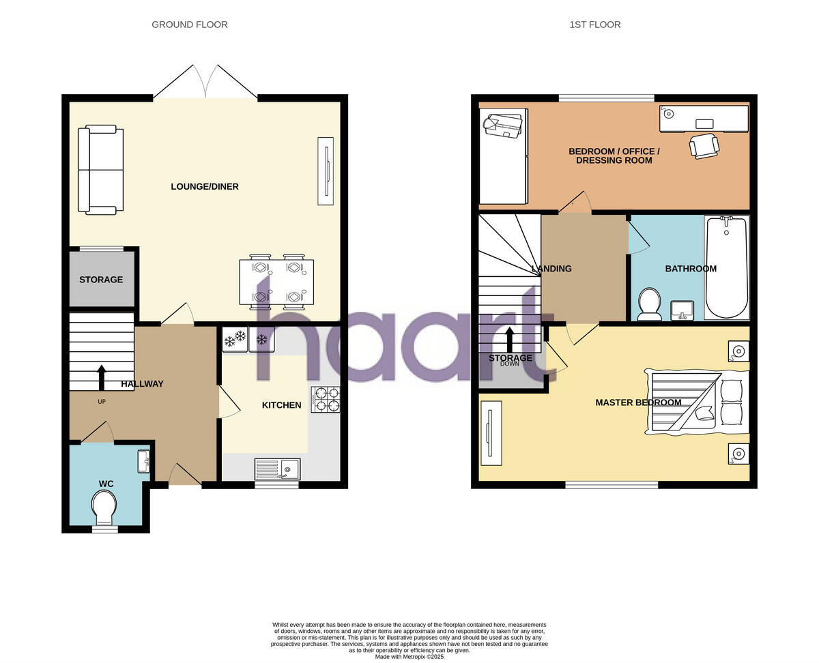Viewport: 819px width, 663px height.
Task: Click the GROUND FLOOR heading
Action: coord(190,25)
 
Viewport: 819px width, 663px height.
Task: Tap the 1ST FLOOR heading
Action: coord(595,25)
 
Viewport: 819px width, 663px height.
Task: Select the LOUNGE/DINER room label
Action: coord(205,186)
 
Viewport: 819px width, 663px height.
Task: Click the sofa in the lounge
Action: coord(100,170)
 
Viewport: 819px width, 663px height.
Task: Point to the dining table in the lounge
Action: coord(276,282)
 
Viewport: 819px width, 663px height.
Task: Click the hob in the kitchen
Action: coord(326,400)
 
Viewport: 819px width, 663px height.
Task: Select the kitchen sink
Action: coord(277,469)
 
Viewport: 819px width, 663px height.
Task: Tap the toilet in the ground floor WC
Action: coord(104,507)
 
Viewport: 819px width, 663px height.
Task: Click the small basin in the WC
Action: coord(143,461)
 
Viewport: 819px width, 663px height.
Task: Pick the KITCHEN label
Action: coord(281,405)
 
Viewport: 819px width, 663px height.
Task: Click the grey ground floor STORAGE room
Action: coord(101,280)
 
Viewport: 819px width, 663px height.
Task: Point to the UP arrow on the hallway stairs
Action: coord(102,377)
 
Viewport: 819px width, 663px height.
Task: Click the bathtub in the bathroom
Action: coord(727,267)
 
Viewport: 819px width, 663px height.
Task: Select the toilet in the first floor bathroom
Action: coord(649,304)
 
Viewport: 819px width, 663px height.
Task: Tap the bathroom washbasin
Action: coord(682,310)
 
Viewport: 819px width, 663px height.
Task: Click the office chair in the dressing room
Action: coord(704,145)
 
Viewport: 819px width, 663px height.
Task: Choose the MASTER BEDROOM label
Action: coord(638,402)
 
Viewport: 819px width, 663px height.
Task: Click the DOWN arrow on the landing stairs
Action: coord(510,339)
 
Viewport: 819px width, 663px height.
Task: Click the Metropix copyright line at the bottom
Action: coord(409,657)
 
